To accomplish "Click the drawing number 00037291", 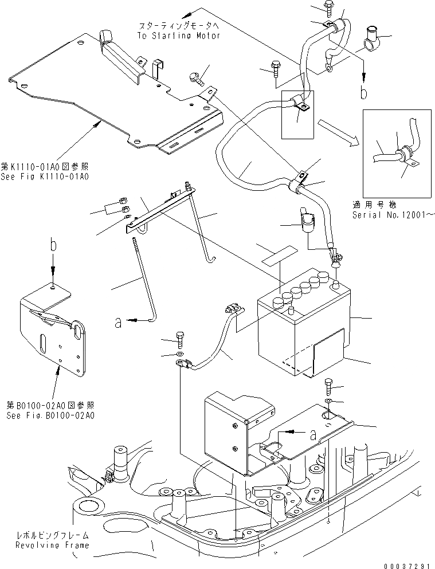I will (x=406, y=564).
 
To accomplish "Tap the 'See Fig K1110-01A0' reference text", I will (x=45, y=176).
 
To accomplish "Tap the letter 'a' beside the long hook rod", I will (x=118, y=323).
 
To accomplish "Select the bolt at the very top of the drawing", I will (x=332, y=8).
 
